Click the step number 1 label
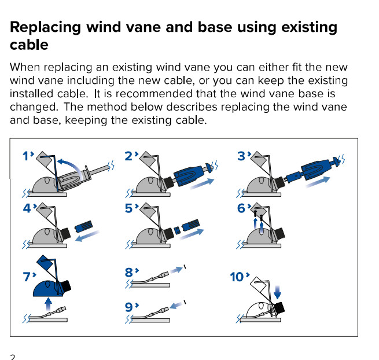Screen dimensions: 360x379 [26, 156]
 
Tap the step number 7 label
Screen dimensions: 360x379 [27, 277]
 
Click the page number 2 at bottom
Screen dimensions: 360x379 [12, 356]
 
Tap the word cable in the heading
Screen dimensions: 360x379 [28, 45]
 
